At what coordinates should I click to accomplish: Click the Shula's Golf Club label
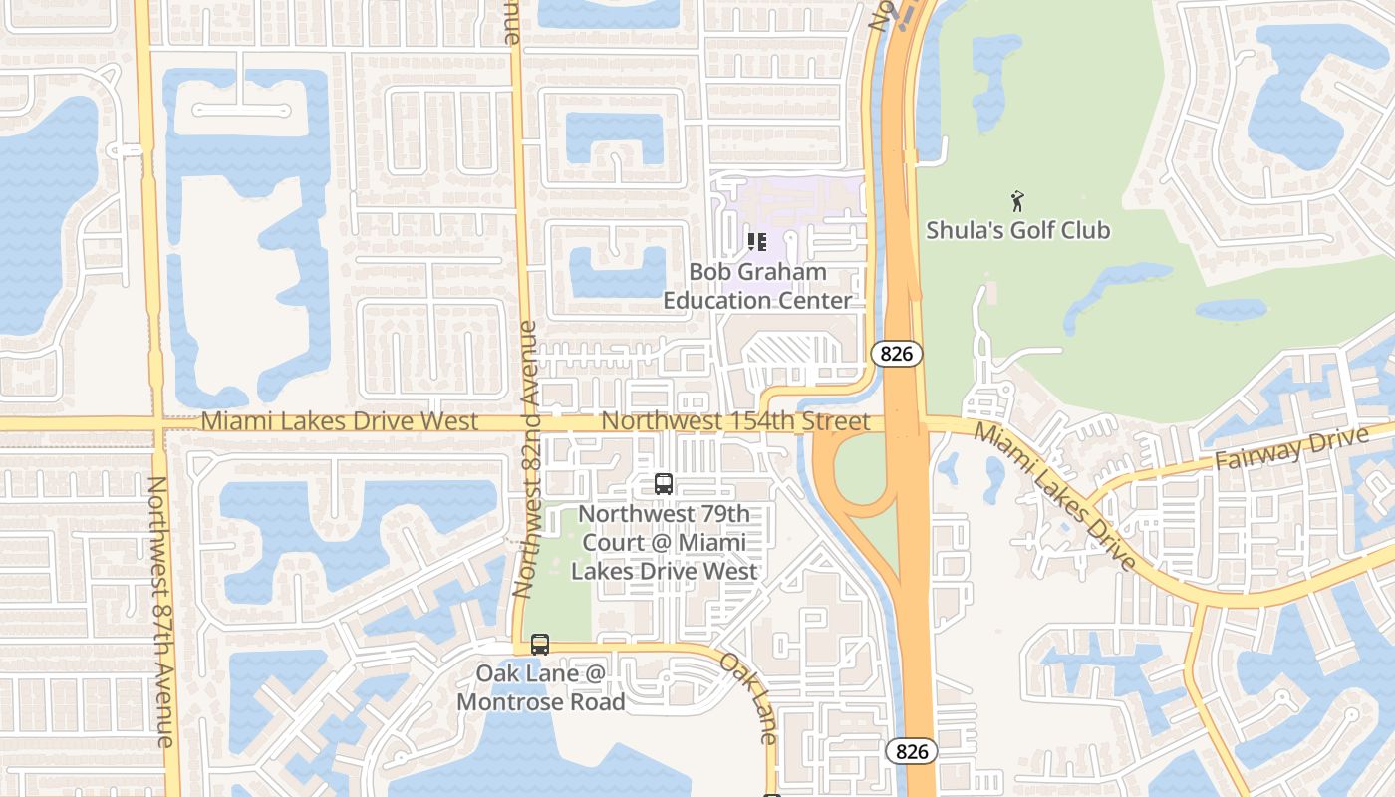click(x=1017, y=230)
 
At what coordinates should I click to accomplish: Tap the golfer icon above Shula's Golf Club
click(x=1017, y=201)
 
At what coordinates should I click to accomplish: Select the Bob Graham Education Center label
click(x=758, y=286)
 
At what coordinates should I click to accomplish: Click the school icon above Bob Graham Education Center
click(x=756, y=242)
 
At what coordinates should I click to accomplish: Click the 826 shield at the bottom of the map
click(x=911, y=751)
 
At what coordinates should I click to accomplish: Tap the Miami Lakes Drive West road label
click(x=340, y=421)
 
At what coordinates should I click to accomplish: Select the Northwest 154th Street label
click(x=735, y=421)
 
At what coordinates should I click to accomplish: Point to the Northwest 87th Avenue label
click(x=161, y=612)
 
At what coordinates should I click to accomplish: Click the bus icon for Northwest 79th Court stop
click(x=663, y=484)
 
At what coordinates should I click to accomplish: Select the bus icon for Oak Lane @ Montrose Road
click(x=540, y=645)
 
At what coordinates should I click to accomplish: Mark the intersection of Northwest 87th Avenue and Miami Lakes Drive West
click(x=157, y=423)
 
